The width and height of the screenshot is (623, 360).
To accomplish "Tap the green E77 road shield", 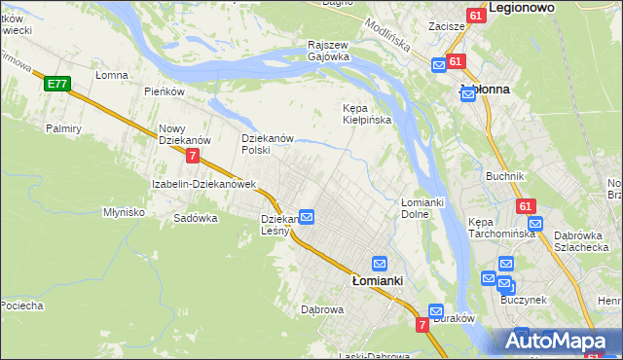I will tap(55, 85).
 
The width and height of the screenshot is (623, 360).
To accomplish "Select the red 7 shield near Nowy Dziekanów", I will tap(194, 156).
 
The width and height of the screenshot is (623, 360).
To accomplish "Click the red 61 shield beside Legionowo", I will tap(474, 17).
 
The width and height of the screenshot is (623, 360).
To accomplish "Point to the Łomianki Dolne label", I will tap(422, 207).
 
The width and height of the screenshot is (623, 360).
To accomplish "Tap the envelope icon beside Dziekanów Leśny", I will tap(306, 217).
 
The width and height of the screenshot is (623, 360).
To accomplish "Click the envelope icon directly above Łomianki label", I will tap(380, 263).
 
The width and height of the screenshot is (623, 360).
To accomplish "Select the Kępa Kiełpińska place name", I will tap(367, 114).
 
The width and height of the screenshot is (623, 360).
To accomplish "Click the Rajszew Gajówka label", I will tap(329, 51).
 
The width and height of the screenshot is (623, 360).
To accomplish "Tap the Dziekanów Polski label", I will tap(268, 144).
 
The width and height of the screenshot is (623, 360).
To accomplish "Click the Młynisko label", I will tap(125, 211).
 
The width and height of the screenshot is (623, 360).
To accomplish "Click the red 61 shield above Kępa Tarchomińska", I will tap(526, 206).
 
